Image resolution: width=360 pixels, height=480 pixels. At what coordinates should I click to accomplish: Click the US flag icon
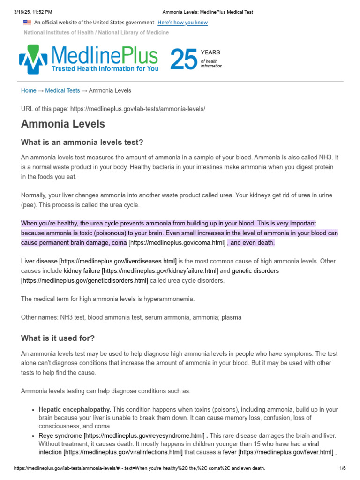[27, 22]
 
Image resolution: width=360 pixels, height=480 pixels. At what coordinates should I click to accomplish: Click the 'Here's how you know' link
[182, 22]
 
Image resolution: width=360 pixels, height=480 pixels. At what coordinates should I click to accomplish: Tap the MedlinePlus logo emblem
[32, 59]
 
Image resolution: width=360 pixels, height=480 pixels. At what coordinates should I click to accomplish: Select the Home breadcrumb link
[29, 90]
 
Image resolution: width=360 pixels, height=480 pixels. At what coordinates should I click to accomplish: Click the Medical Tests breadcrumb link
[62, 90]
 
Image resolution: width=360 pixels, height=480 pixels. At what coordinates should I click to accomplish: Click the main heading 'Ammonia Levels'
[63, 124]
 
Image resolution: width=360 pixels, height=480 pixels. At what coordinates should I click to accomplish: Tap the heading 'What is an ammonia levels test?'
[82, 142]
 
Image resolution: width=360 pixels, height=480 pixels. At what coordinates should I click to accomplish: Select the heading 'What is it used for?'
[58, 338]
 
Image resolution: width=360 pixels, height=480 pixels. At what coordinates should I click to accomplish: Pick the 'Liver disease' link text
[39, 261]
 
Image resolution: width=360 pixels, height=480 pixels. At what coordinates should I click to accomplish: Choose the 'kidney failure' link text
[82, 270]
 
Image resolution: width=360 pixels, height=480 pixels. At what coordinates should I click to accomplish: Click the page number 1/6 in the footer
[342, 468]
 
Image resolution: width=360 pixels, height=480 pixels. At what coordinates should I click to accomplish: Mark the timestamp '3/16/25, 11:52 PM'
[33, 12]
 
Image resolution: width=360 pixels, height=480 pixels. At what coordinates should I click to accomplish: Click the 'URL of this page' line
[113, 109]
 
